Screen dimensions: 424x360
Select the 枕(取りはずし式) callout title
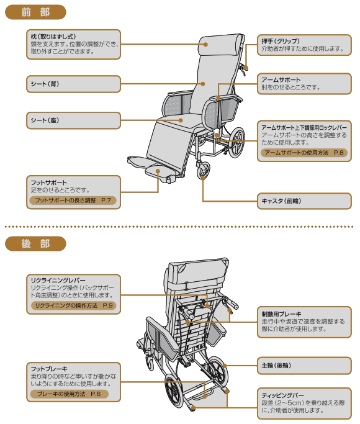[x=53, y=37]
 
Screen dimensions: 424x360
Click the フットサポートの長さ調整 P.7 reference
[x=73, y=200]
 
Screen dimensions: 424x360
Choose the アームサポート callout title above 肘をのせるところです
[x=281, y=80]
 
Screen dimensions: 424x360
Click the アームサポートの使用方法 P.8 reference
[x=305, y=153]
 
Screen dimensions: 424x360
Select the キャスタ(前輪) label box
[x=304, y=201]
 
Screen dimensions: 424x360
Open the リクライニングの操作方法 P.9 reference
[x=73, y=305]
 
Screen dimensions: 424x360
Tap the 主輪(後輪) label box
[x=304, y=366]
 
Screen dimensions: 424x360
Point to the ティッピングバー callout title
[x=283, y=395]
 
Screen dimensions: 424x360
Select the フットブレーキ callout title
[x=49, y=368]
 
